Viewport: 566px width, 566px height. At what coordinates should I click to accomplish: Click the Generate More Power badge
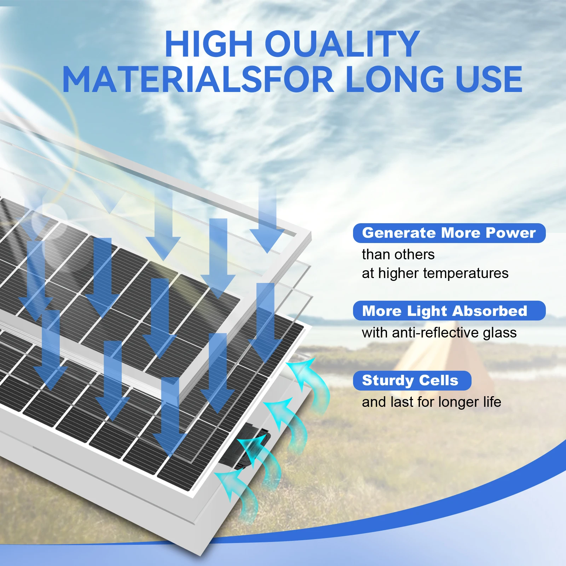tap(449, 233)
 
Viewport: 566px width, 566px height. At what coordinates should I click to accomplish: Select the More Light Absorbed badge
tap(449, 311)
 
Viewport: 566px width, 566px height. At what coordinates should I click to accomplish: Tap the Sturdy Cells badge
tap(412, 381)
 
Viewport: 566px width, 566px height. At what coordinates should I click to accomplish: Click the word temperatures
tap(466, 273)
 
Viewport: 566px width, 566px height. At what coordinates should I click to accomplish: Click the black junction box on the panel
tap(244, 446)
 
